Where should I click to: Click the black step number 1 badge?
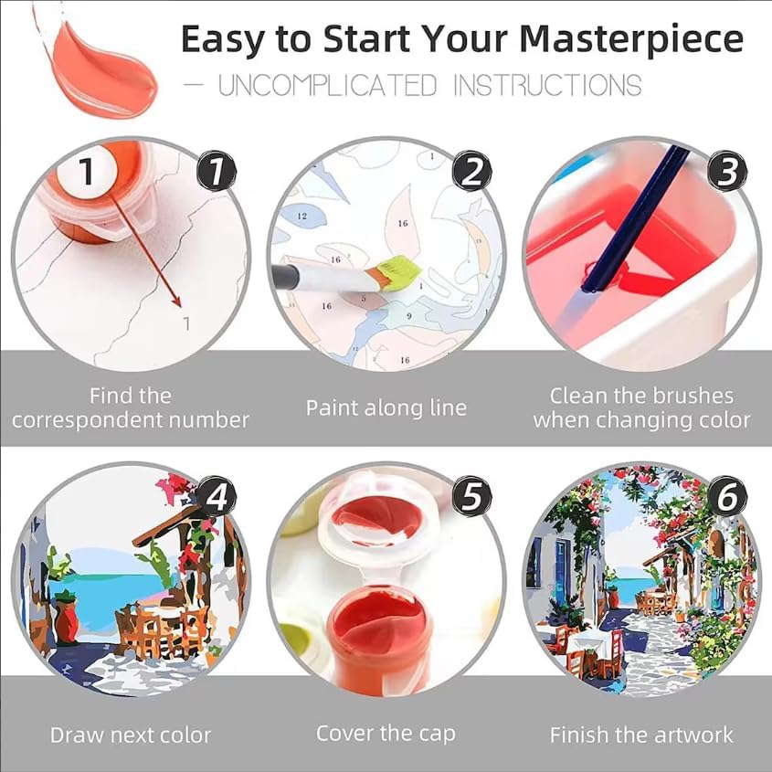tap(217, 172)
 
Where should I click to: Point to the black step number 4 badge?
tap(217, 496)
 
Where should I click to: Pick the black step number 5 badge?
tap(472, 496)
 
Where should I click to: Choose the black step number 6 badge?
tap(727, 496)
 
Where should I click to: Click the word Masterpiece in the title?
tap(631, 40)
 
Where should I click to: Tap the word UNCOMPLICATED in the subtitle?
tap(327, 85)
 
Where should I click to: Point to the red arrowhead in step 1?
tap(177, 301)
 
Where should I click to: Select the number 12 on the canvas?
tap(301, 216)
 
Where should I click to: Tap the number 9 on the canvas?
tap(408, 315)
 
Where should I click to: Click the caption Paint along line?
tap(386, 408)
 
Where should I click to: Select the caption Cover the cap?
tap(386, 734)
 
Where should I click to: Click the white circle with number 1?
tap(87, 172)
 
